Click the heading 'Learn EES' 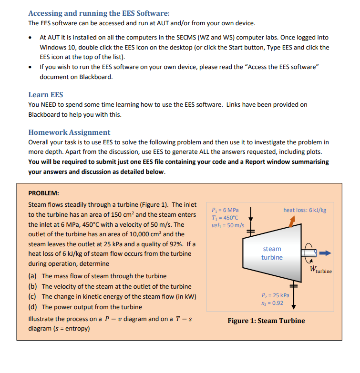[x=46, y=94]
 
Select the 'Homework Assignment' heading [x=69, y=132]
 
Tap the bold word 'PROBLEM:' [x=43, y=193]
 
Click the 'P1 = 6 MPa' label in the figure [x=225, y=210]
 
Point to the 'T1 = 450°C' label [x=225, y=217]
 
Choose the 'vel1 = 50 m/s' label [x=227, y=225]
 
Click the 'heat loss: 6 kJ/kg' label [x=305, y=210]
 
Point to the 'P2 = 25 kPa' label [x=276, y=295]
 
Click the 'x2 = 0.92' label [x=272, y=303]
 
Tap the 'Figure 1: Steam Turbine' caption [x=266, y=321]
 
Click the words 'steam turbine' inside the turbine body [x=272, y=253]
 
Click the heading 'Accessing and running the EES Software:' [x=99, y=13]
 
